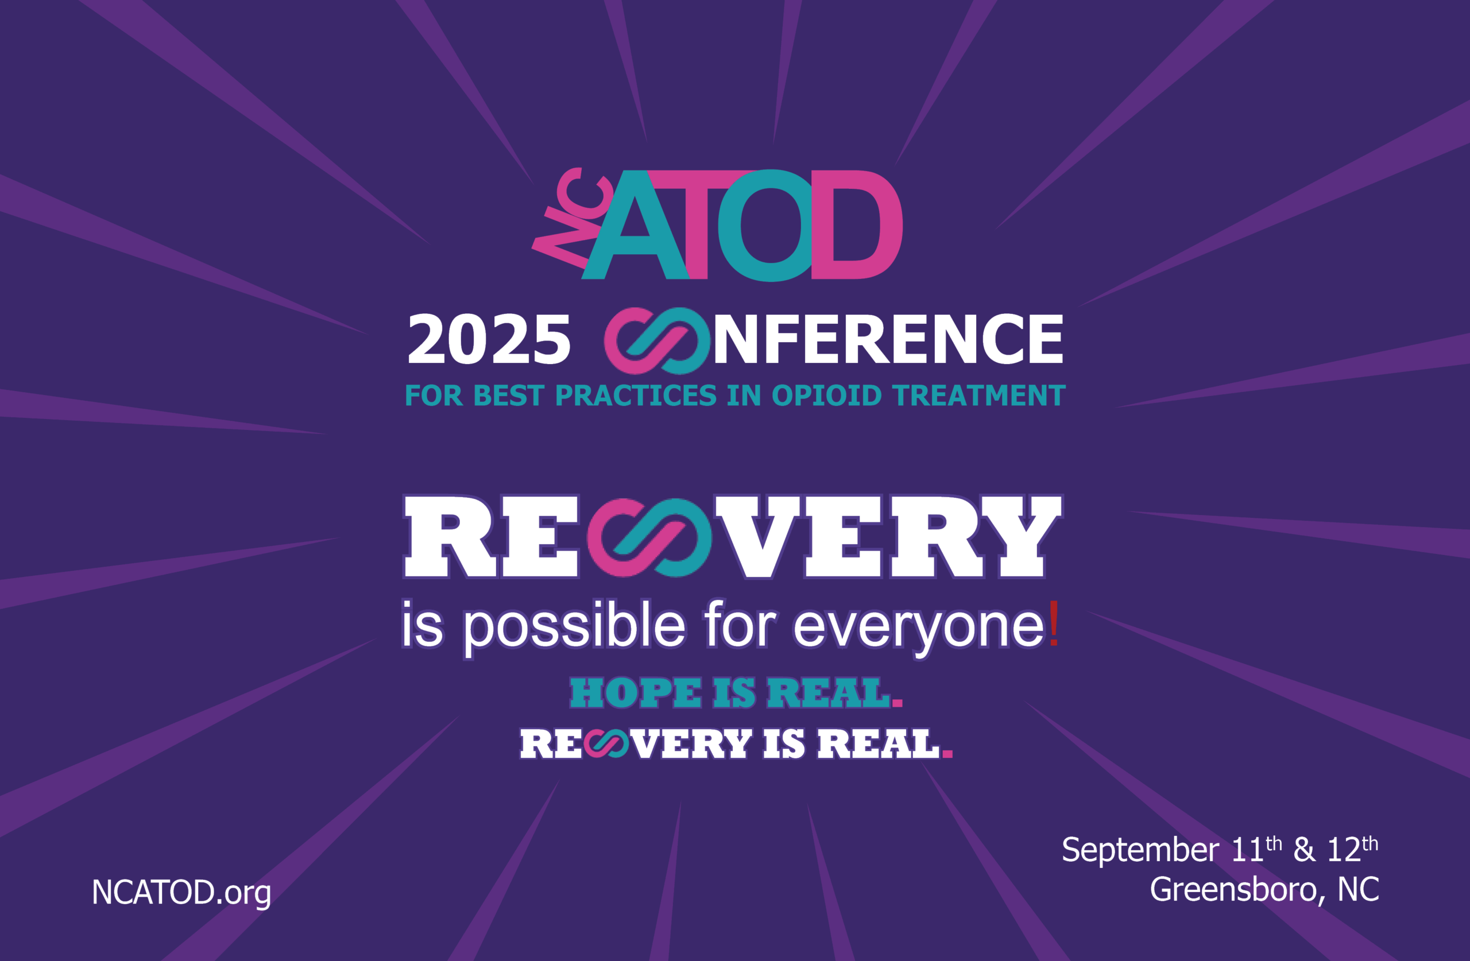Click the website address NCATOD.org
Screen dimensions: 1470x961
click(x=181, y=893)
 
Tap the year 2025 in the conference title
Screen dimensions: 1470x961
click(x=489, y=340)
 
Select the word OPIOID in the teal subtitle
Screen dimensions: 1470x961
click(x=826, y=396)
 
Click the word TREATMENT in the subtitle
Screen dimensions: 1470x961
click(x=979, y=396)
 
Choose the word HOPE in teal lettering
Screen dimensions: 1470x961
click(x=636, y=693)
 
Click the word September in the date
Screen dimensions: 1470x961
click(x=1140, y=850)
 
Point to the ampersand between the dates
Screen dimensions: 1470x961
click(x=1304, y=850)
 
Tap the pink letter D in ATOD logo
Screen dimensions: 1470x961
click(x=857, y=225)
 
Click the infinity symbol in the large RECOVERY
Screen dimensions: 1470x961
click(x=649, y=537)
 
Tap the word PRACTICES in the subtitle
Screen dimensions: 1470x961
click(x=636, y=396)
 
